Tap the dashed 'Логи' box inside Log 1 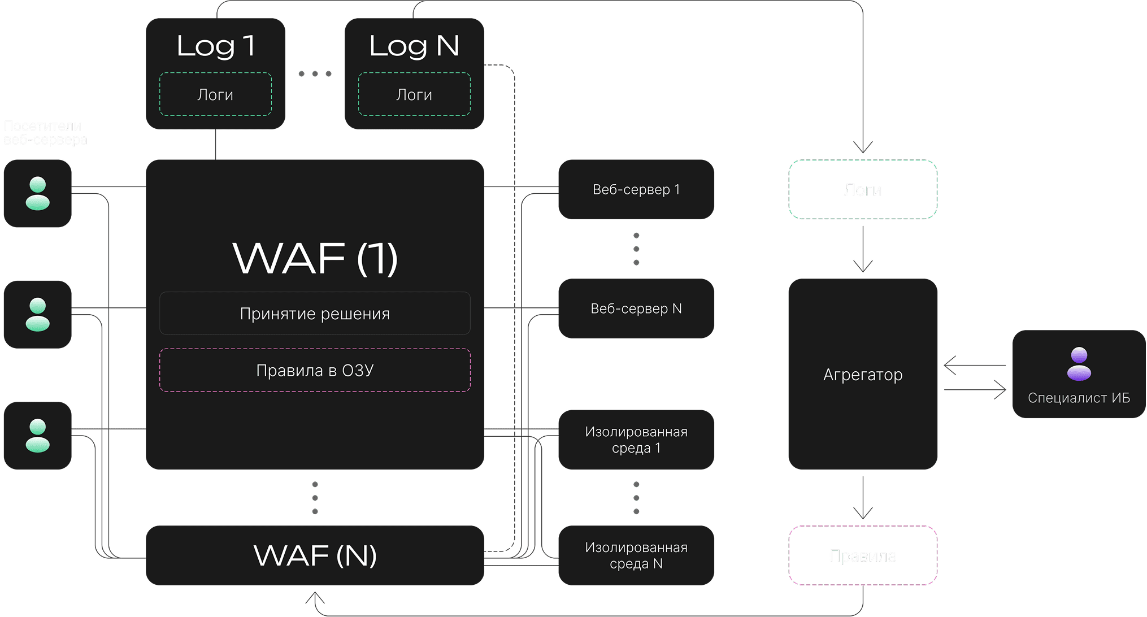pyautogui.click(x=215, y=94)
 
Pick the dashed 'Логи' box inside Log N pyautogui.click(x=414, y=94)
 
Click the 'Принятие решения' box pyautogui.click(x=315, y=314)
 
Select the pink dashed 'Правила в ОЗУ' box pyautogui.click(x=315, y=370)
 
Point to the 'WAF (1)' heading pyautogui.click(x=315, y=259)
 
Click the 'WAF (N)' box pyautogui.click(x=315, y=555)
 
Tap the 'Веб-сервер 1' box pyautogui.click(x=636, y=189)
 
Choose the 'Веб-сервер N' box pyautogui.click(x=636, y=308)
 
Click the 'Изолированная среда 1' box pyautogui.click(x=636, y=440)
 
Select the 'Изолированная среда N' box pyautogui.click(x=636, y=555)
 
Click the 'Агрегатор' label pyautogui.click(x=863, y=375)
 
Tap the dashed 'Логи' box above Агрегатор pyautogui.click(x=863, y=190)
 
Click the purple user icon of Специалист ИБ pyautogui.click(x=1079, y=363)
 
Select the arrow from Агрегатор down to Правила pyautogui.click(x=863, y=497)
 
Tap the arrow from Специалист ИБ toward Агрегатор pyautogui.click(x=975, y=366)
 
